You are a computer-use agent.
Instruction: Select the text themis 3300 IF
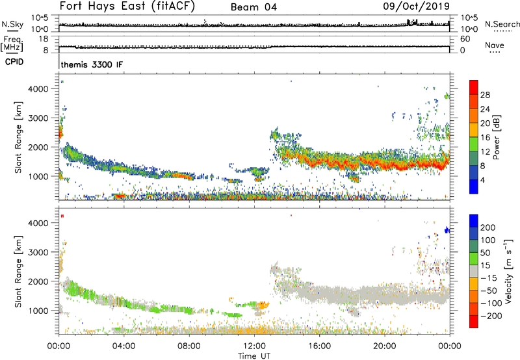pos(92,65)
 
